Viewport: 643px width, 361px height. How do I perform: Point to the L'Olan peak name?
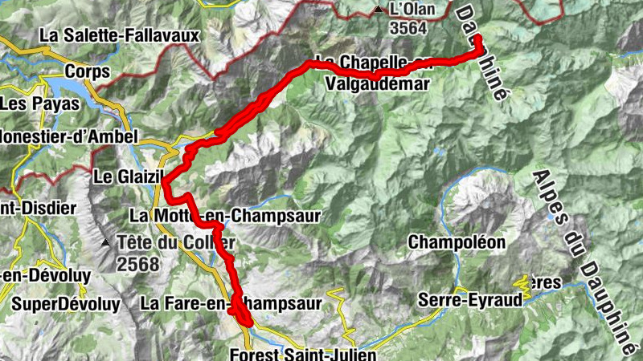[412, 10]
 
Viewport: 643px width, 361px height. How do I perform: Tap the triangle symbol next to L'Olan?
[378, 10]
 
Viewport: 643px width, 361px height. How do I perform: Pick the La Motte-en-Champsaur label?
[225, 216]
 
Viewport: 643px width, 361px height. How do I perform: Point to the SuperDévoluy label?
[66, 304]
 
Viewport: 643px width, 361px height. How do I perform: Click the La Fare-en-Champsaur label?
[231, 304]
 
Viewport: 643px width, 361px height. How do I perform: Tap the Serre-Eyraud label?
[470, 300]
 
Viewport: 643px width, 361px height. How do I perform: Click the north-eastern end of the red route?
[477, 39]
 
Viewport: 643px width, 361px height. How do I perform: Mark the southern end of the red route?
[245, 322]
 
